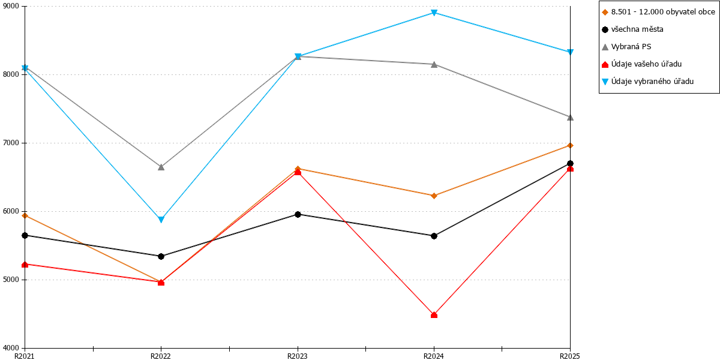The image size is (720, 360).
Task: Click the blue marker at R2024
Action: (x=434, y=13)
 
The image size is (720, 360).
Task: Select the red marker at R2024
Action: (x=434, y=315)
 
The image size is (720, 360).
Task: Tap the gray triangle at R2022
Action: (x=161, y=167)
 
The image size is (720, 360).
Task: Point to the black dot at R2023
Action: (x=298, y=214)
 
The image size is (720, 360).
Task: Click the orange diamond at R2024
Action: (x=434, y=196)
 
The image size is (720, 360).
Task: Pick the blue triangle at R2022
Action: (x=161, y=220)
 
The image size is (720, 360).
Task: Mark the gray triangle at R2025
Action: (x=570, y=118)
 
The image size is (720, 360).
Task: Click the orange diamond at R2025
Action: (x=570, y=146)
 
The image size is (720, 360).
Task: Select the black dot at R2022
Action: (x=161, y=257)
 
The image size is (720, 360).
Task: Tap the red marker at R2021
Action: (x=25, y=265)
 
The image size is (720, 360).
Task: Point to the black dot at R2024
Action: (x=434, y=236)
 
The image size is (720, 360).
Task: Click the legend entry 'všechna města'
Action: (x=632, y=29)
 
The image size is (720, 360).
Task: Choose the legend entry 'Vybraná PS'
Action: (x=626, y=47)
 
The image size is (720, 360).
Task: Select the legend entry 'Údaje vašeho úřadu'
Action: (x=641, y=64)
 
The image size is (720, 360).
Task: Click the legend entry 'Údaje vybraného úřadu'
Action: (x=647, y=82)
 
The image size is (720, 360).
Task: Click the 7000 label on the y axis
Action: (x=11, y=143)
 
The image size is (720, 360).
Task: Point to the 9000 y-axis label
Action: (x=11, y=6)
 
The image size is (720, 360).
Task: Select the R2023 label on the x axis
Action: (x=298, y=356)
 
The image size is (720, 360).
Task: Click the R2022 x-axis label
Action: (x=161, y=356)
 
